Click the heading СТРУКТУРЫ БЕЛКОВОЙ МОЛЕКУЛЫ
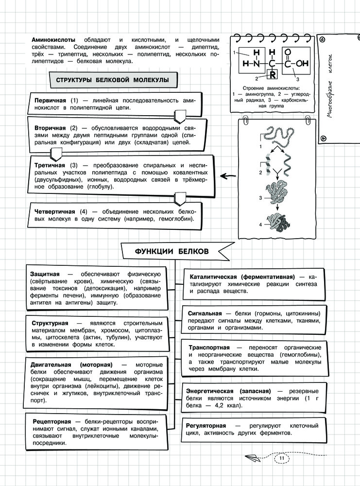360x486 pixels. [112, 80]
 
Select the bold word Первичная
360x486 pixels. [50, 100]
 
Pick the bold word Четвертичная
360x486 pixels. [55, 212]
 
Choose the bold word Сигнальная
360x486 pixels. [205, 313]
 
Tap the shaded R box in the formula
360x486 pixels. [273, 74]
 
